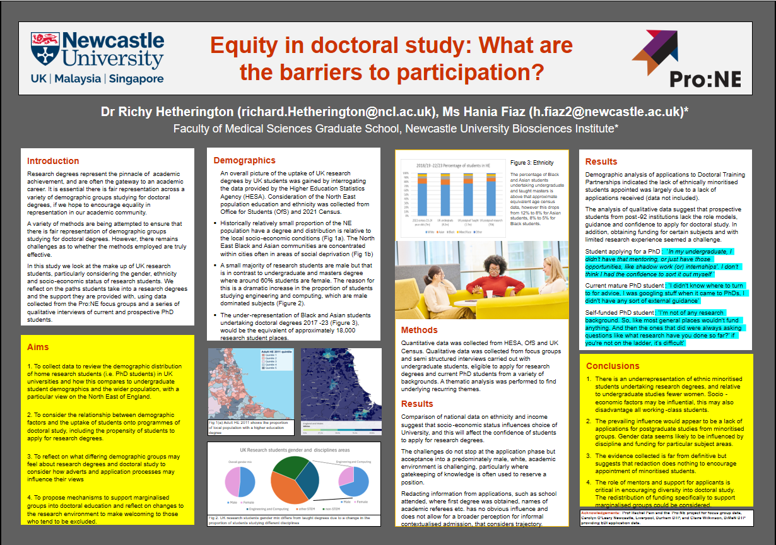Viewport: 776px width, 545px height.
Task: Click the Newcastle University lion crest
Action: tap(46, 47)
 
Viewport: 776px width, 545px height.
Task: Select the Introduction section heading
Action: tap(53, 161)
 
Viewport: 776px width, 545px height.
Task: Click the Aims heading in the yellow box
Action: tap(38, 347)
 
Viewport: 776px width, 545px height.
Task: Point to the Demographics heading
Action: tap(244, 160)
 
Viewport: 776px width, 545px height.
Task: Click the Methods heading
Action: tap(420, 330)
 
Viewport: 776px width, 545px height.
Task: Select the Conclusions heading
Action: tap(613, 366)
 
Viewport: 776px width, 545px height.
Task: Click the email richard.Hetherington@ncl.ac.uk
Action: tap(338, 112)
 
